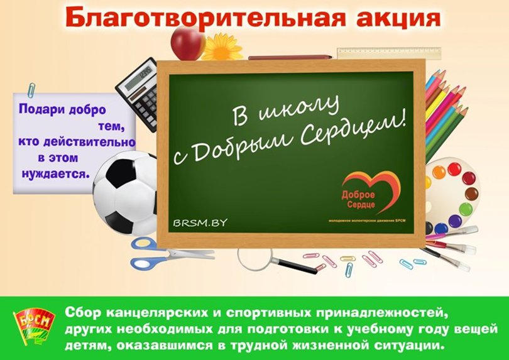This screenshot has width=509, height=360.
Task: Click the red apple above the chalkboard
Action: coord(187,42)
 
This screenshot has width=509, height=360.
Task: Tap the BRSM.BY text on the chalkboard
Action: coord(200,222)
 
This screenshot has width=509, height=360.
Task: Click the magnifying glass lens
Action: coord(255,256)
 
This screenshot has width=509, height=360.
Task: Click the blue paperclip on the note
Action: coord(31,90)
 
